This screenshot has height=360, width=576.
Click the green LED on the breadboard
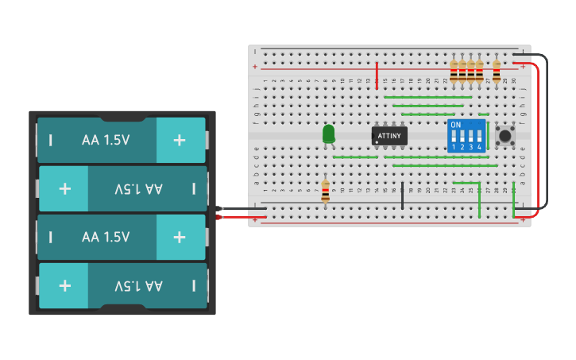pos(329,134)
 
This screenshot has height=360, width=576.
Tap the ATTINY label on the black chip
pos(389,136)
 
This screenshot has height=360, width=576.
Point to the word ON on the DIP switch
pos(455,125)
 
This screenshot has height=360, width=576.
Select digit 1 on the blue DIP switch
pos(454,147)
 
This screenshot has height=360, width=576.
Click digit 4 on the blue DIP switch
pos(479,147)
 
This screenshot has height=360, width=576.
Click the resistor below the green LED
pos(325,191)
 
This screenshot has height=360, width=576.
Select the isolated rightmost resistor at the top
pos(497,71)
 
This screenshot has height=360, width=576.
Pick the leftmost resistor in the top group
pos(454,71)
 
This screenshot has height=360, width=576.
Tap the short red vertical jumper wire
pos(377,73)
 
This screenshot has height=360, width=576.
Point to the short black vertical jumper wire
pos(402,195)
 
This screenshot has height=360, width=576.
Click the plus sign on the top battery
pos(180,140)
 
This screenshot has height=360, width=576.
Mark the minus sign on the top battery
pos(51,141)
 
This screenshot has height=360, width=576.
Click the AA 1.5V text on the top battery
pos(106,140)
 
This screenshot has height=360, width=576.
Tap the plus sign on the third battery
pos(180,237)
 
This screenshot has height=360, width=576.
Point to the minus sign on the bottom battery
pos(194,285)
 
